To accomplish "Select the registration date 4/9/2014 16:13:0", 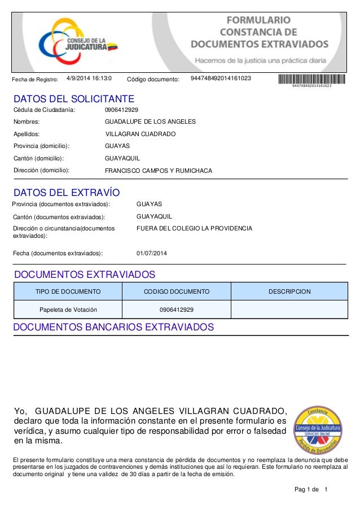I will pos(89,79).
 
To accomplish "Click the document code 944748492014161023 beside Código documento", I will pos(221,79).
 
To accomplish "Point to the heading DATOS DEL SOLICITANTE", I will pos(73,99).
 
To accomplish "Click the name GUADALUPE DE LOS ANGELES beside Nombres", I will pos(151,121).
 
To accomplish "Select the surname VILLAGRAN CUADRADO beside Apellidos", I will pos(141,134).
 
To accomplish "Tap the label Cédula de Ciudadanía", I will pos(44,110).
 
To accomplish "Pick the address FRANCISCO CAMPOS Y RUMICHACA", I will pos(159,170).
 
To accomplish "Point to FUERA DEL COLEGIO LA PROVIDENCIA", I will pos(194,229).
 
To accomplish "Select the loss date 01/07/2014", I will pos(152,253).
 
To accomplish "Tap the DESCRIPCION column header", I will pos(289,291).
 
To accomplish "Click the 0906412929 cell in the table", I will pos(177,310).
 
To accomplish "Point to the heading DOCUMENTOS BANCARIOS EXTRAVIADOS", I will pos(113,328).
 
